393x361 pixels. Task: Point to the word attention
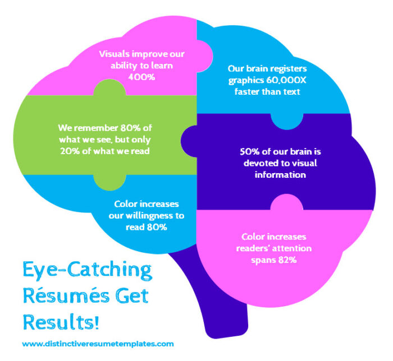(x=292, y=248)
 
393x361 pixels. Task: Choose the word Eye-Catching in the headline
(x=87, y=271)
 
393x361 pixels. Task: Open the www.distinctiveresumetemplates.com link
(x=98, y=344)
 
